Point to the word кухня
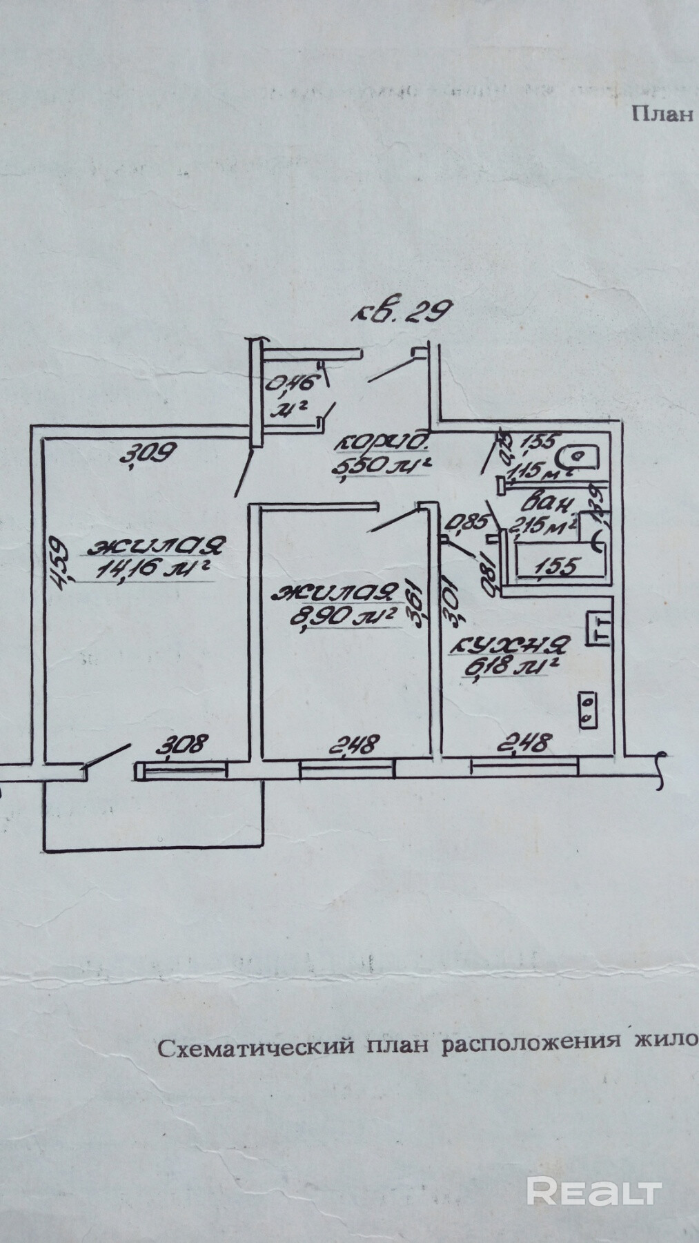coord(510,646)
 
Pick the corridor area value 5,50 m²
coord(382,467)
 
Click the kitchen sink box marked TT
coord(598,629)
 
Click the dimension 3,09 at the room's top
coord(149,453)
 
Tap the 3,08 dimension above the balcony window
coord(183,745)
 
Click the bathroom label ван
coord(549,502)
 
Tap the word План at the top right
coord(662,114)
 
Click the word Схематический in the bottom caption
coord(256,1048)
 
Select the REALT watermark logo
coord(594,1192)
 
